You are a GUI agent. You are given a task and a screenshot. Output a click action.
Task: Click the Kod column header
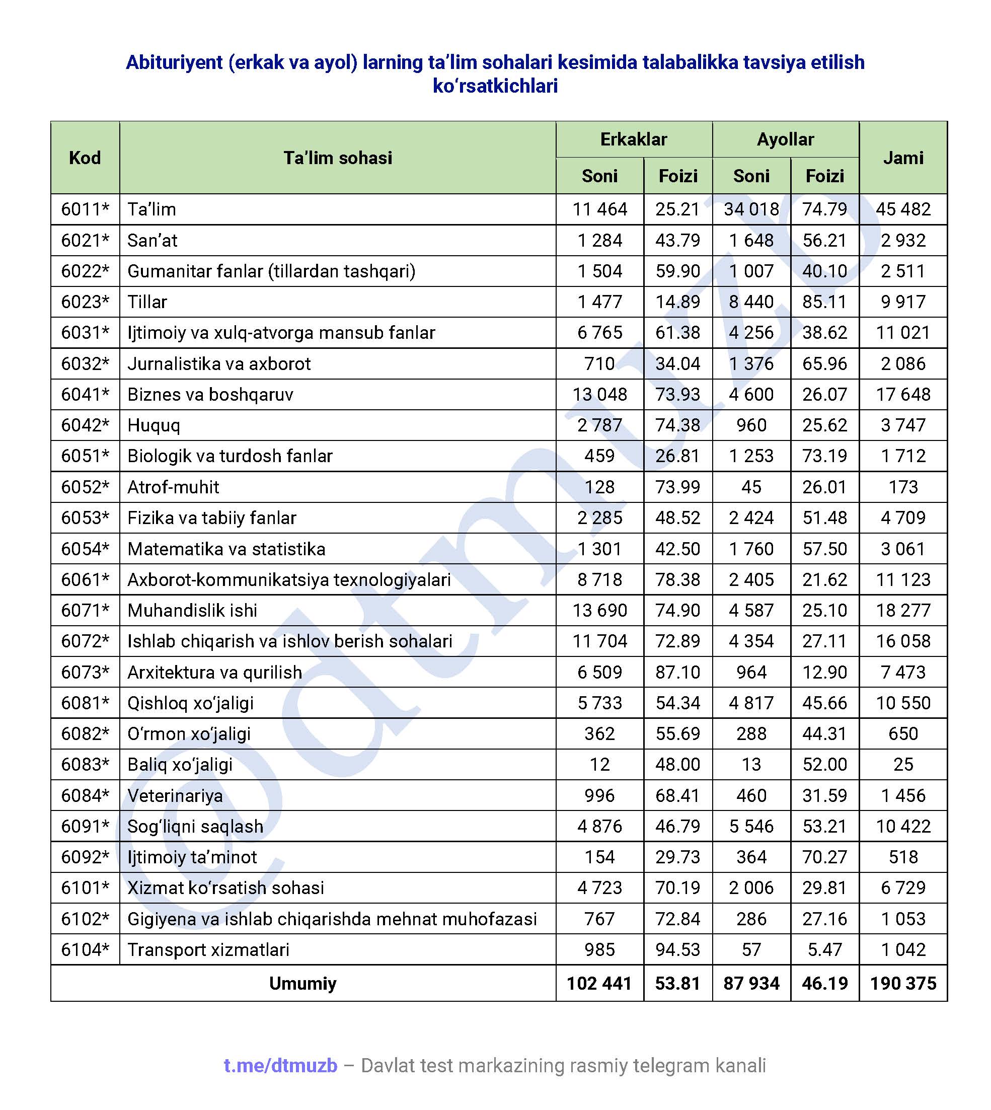click(x=85, y=158)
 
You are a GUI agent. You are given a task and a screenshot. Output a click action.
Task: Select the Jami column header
click(x=903, y=158)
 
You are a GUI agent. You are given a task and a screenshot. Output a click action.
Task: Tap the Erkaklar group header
click(x=633, y=139)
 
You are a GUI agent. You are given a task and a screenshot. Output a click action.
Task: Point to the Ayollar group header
click(x=785, y=139)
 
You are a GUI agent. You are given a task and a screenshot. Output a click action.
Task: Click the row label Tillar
click(x=147, y=302)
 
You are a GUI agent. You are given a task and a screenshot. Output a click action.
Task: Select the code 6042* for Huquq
click(x=85, y=425)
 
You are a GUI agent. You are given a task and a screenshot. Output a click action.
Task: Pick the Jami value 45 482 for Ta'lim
click(x=903, y=209)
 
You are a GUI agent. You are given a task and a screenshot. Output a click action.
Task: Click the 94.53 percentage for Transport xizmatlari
click(x=677, y=949)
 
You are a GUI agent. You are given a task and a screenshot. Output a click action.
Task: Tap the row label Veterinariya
click(x=175, y=796)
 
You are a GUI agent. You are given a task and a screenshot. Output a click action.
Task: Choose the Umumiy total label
click(x=303, y=983)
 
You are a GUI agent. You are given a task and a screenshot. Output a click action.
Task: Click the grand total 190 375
click(x=903, y=983)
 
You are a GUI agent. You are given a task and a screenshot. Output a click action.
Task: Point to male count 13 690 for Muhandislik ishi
click(x=599, y=610)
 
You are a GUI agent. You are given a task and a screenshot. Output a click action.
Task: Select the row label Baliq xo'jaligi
click(x=180, y=765)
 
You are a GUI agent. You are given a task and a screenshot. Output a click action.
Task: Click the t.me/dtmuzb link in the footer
click(x=280, y=1066)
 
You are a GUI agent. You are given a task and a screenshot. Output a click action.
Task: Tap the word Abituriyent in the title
click(x=174, y=62)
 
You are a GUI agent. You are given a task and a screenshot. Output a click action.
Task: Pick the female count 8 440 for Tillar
click(x=751, y=302)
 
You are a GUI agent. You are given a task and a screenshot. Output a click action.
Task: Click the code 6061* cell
click(x=85, y=579)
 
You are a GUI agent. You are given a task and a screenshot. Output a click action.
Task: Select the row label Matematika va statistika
click(x=226, y=549)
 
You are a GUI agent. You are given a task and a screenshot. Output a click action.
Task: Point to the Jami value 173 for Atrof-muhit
click(x=903, y=487)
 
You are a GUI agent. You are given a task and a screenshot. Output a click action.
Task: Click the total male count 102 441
click(x=599, y=983)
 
